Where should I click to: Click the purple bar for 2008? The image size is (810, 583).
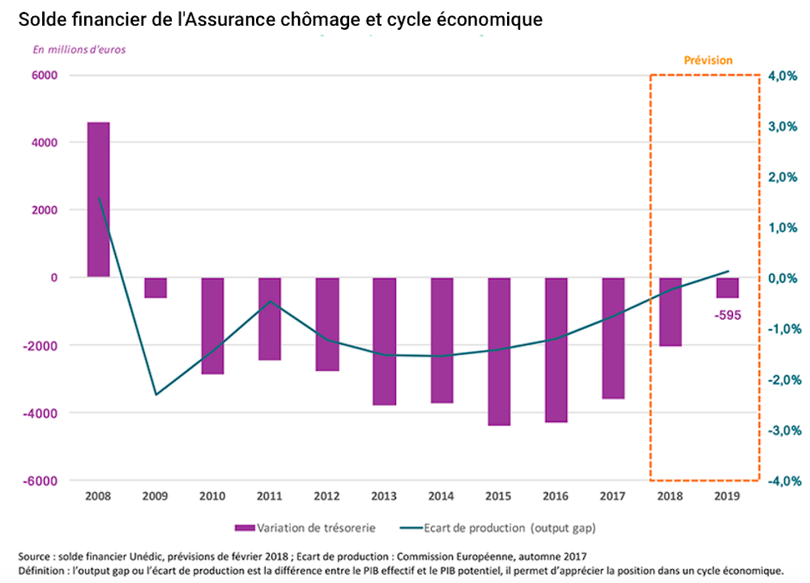[x=98, y=199]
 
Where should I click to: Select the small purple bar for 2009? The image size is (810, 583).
[x=156, y=287]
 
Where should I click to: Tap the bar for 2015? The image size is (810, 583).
[x=499, y=351]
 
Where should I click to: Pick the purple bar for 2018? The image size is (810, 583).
[x=671, y=312]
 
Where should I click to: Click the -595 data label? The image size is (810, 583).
[x=727, y=315]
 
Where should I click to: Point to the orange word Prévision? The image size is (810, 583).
[x=708, y=61]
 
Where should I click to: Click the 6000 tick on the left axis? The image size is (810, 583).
[x=45, y=75]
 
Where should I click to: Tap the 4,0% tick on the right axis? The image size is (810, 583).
[x=784, y=76]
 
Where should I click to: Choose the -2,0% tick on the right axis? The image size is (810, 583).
[x=783, y=380]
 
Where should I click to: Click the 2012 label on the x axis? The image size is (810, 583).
[x=327, y=496]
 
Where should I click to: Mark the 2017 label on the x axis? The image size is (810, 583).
[x=613, y=496]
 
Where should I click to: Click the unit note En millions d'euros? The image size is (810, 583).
[x=79, y=49]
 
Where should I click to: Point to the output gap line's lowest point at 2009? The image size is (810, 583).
[x=156, y=394]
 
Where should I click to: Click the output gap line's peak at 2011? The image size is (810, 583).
[x=270, y=302]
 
